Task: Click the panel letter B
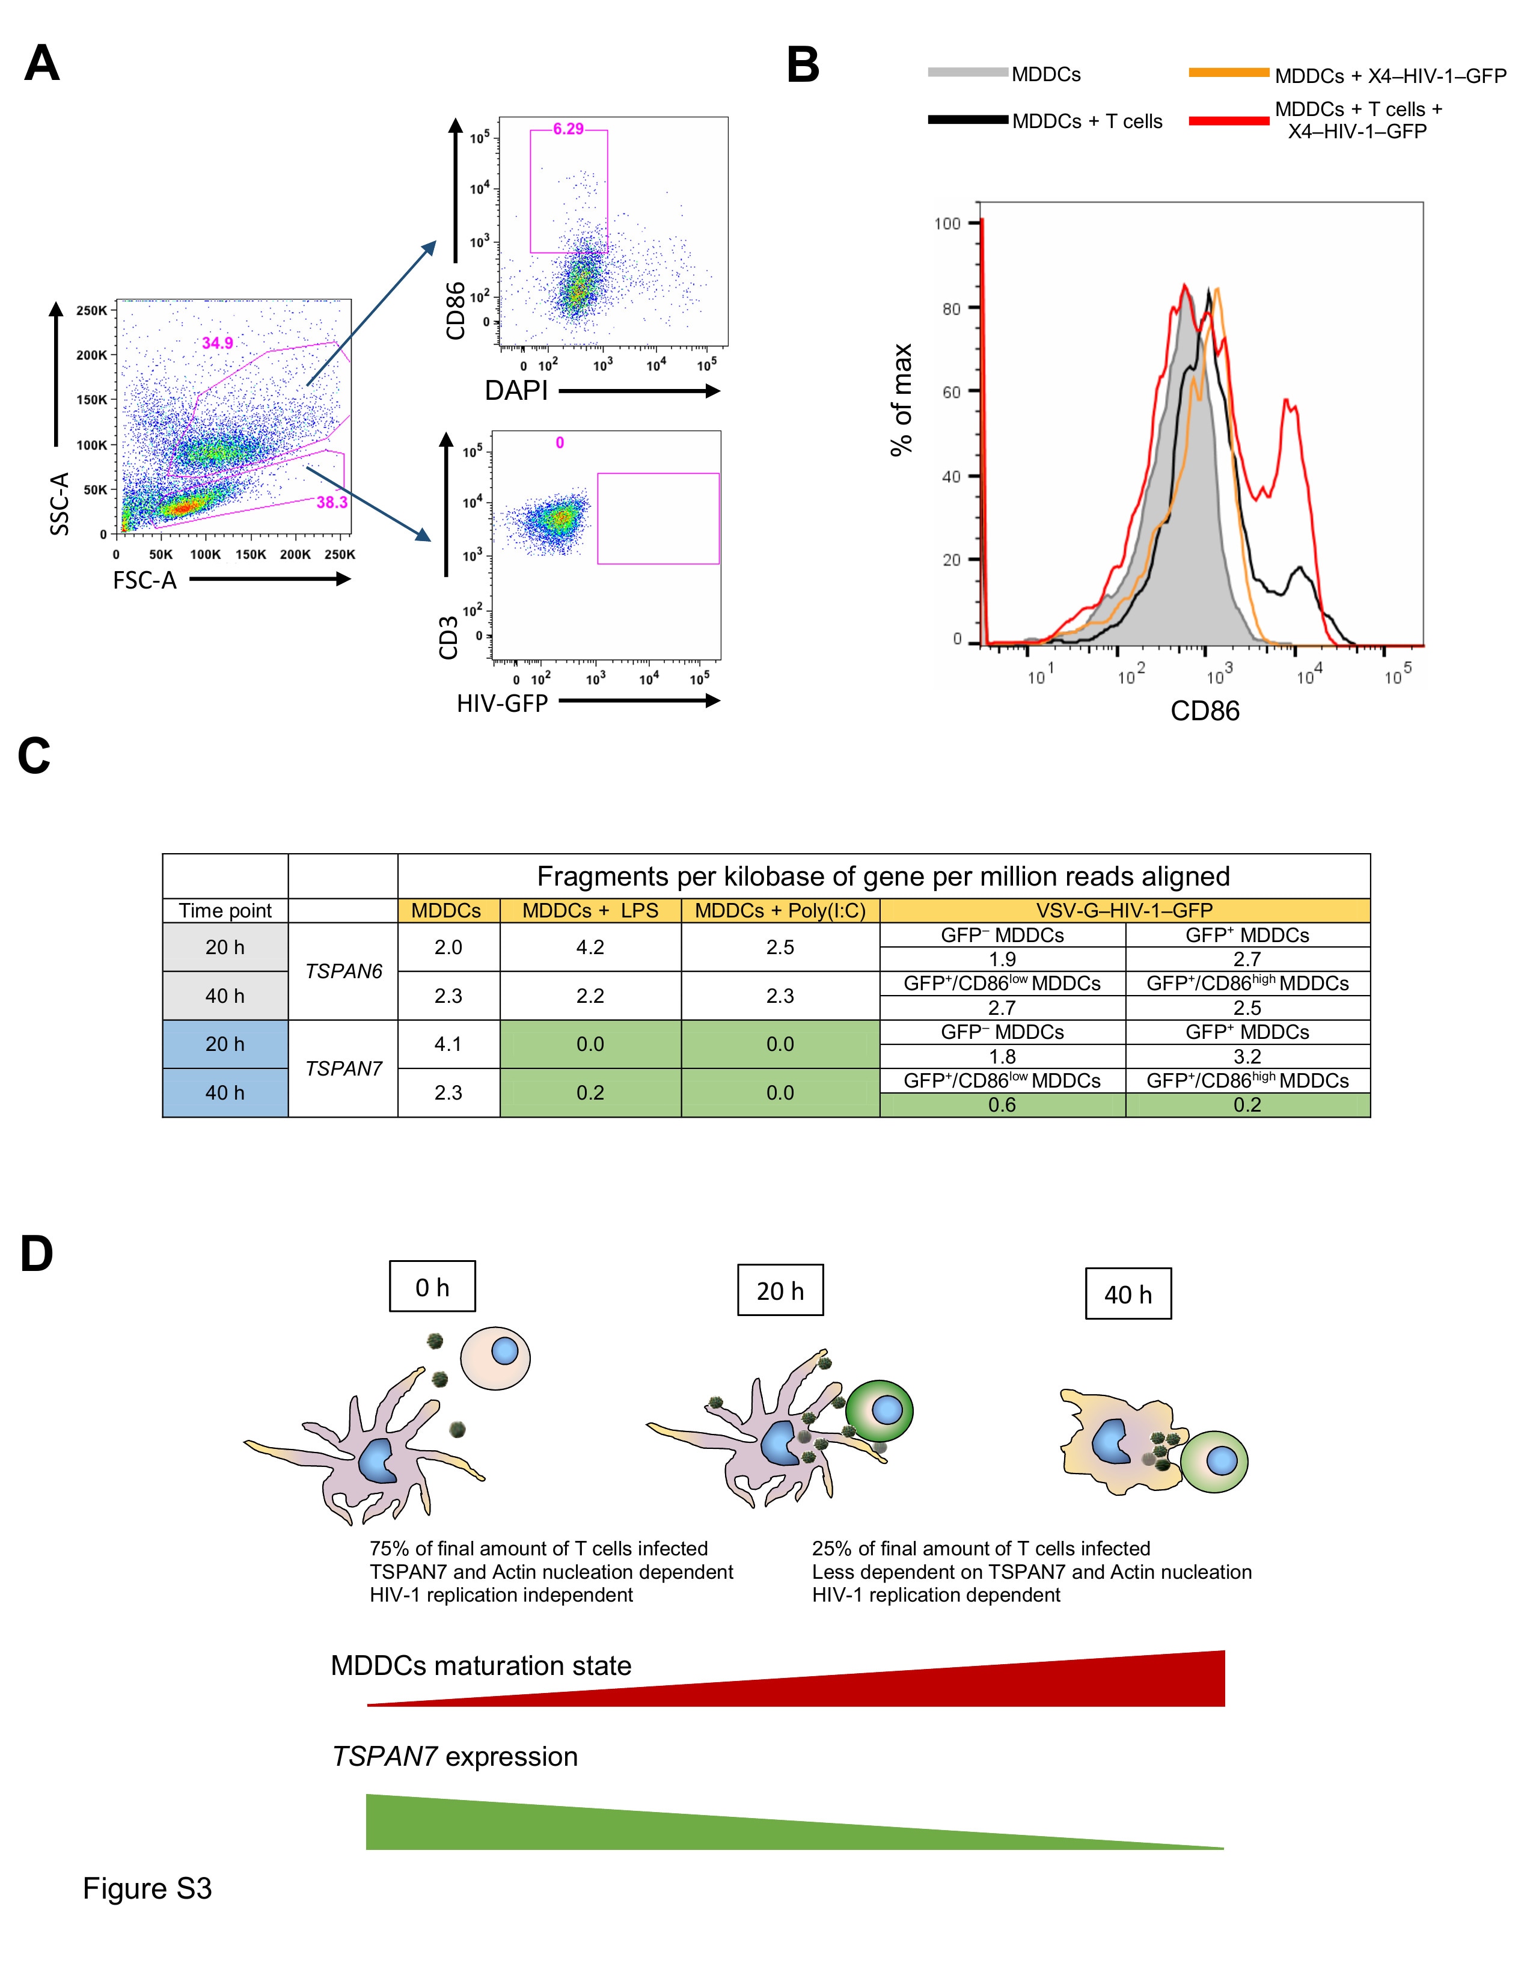[x=803, y=66]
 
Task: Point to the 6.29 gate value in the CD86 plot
[x=569, y=129]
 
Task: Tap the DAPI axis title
[x=516, y=391]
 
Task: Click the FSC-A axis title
[x=144, y=581]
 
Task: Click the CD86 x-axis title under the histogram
[x=1204, y=711]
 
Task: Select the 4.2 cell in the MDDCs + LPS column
[x=590, y=948]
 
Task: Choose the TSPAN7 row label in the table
[x=343, y=1068]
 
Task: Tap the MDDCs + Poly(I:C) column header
[x=780, y=910]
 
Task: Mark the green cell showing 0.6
[x=1003, y=1104]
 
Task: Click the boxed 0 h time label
[x=432, y=1287]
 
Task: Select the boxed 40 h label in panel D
[x=1128, y=1294]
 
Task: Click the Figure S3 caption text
[x=147, y=1888]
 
